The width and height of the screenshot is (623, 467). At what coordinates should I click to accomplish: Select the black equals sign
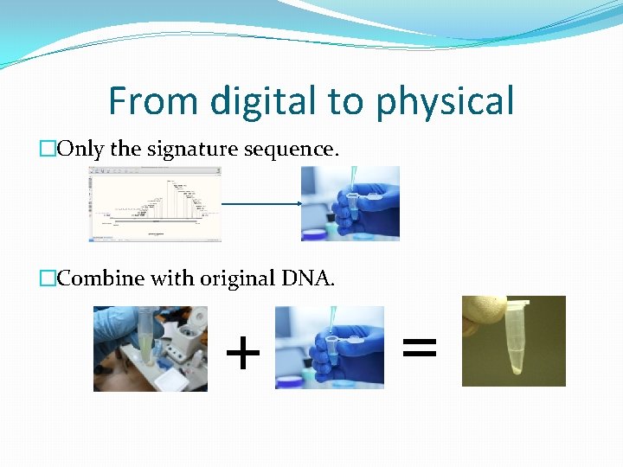point(421,349)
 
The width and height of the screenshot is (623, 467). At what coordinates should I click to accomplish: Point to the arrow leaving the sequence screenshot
point(260,204)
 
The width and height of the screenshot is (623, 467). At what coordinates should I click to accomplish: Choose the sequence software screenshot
point(156,204)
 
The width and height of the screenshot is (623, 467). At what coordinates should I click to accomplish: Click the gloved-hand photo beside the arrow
point(350,203)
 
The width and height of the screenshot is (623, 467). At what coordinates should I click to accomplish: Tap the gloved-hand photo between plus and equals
point(329,347)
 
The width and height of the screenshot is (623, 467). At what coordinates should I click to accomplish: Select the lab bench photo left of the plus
point(151,349)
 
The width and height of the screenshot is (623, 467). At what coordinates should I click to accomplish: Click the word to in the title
point(344,101)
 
